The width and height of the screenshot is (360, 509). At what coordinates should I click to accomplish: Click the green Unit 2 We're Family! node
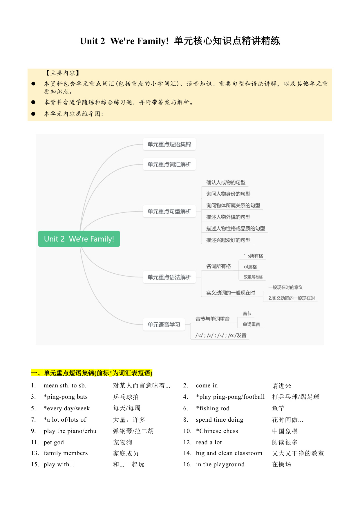coord(79,239)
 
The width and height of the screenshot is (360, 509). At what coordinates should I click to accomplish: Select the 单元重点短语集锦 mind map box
coord(169,144)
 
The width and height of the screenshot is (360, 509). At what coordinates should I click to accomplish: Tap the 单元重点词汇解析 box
coord(169,164)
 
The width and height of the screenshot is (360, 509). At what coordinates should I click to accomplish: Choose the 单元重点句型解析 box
coord(169,211)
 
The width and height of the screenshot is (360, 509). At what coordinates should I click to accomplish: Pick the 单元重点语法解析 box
coord(169,277)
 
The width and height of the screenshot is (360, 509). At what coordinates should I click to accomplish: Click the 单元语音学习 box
coord(164,324)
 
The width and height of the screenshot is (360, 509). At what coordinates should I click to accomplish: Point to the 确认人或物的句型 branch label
coord(226,182)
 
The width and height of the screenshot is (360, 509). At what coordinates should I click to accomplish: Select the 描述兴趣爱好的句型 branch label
coord(228,240)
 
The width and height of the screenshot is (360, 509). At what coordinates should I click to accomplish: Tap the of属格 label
coord(250,267)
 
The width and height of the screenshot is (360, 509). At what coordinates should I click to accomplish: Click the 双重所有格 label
coord(253,277)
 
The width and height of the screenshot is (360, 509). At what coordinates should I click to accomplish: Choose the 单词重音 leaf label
coord(252,324)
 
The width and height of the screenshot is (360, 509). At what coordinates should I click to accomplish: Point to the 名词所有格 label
coord(218,266)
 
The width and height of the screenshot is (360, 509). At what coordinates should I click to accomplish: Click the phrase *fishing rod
coord(213,408)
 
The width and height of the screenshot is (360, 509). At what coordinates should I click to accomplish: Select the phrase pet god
coord(54,442)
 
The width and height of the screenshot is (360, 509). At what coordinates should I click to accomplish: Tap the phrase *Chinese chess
coord(217,431)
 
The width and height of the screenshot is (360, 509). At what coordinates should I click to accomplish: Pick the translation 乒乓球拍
coord(126,397)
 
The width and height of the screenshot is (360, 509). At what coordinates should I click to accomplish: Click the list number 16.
coord(187,464)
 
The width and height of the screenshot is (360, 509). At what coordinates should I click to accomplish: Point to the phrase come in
coord(207,385)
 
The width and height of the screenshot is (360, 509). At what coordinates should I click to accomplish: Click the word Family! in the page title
coord(153,41)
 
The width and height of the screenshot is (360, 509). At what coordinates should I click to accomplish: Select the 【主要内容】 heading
coord(63,73)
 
